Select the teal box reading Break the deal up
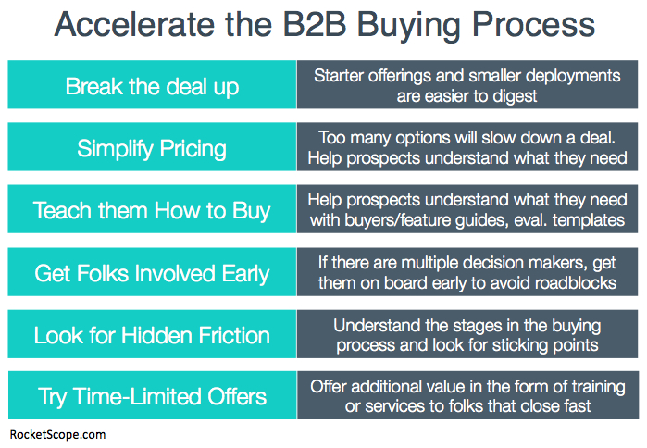[x=152, y=86]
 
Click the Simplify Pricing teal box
[x=152, y=148]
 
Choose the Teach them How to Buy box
[x=152, y=210]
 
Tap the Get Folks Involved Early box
[x=152, y=273]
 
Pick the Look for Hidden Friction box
[x=152, y=335]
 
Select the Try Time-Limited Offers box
[x=152, y=397]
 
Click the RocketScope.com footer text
[x=58, y=432]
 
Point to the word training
[x=592, y=386]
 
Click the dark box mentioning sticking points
[x=467, y=335]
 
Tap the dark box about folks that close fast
[x=467, y=397]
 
